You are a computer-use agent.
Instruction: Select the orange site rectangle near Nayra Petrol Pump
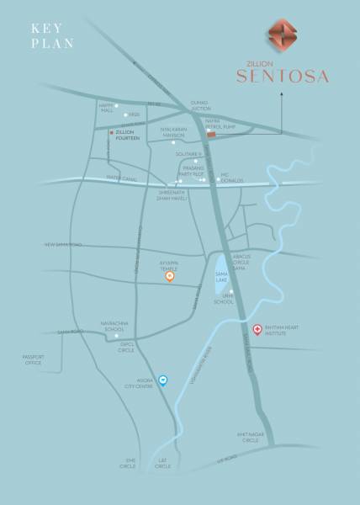[x=211, y=134]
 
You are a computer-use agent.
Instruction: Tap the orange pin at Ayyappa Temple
[x=169, y=276]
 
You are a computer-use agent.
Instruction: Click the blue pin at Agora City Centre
[x=164, y=380]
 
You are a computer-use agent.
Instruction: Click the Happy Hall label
[x=106, y=109]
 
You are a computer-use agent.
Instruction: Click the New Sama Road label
[x=63, y=245]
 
